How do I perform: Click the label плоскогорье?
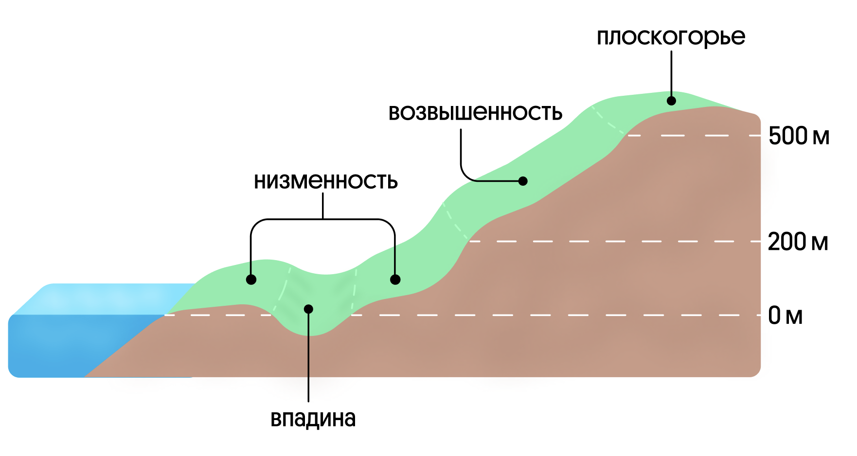pos(671,37)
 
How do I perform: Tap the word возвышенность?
pos(475,113)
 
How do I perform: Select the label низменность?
pos(325,181)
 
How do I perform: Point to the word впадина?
pos(313,419)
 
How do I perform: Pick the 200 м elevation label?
pos(798,242)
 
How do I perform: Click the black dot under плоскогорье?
pos(671,101)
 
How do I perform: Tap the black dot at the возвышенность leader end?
pos(523,181)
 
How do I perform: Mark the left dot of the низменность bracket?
pos(251,280)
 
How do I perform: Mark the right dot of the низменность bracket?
pos(395,280)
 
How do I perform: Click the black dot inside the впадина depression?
pos(308,309)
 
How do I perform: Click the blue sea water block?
pos(73,340)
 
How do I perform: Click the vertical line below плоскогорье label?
pos(671,73)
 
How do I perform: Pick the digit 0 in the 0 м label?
pos(774,316)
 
